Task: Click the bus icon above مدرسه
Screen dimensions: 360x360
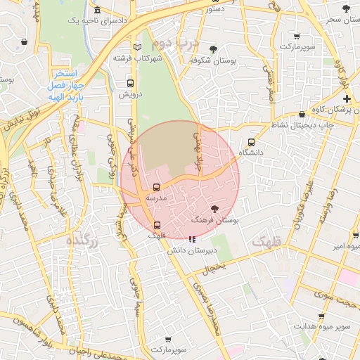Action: (156, 188)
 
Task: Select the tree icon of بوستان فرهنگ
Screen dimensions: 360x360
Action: (214, 209)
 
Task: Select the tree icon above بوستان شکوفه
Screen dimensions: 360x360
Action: (212, 49)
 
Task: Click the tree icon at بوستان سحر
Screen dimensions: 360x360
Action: (345, 8)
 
